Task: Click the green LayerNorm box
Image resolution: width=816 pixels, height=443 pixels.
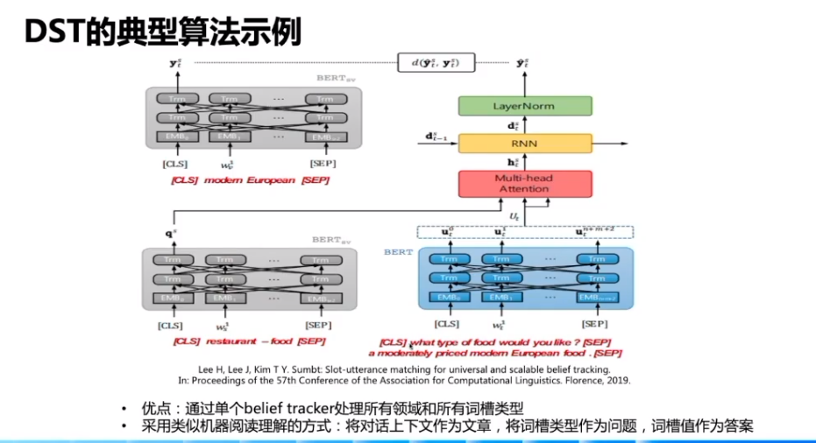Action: pos(525,106)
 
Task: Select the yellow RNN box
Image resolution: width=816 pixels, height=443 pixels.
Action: pos(525,144)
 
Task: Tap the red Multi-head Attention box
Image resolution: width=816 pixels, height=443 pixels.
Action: pos(525,183)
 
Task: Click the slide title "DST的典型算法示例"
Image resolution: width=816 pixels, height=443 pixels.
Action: pos(163,32)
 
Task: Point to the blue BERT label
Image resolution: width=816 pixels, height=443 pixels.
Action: pos(397,252)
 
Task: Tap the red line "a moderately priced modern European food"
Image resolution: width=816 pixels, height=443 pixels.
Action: pos(495,354)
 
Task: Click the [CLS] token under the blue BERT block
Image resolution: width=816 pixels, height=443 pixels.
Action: pos(448,325)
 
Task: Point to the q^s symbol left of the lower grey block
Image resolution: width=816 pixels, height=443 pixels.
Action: pos(170,235)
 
